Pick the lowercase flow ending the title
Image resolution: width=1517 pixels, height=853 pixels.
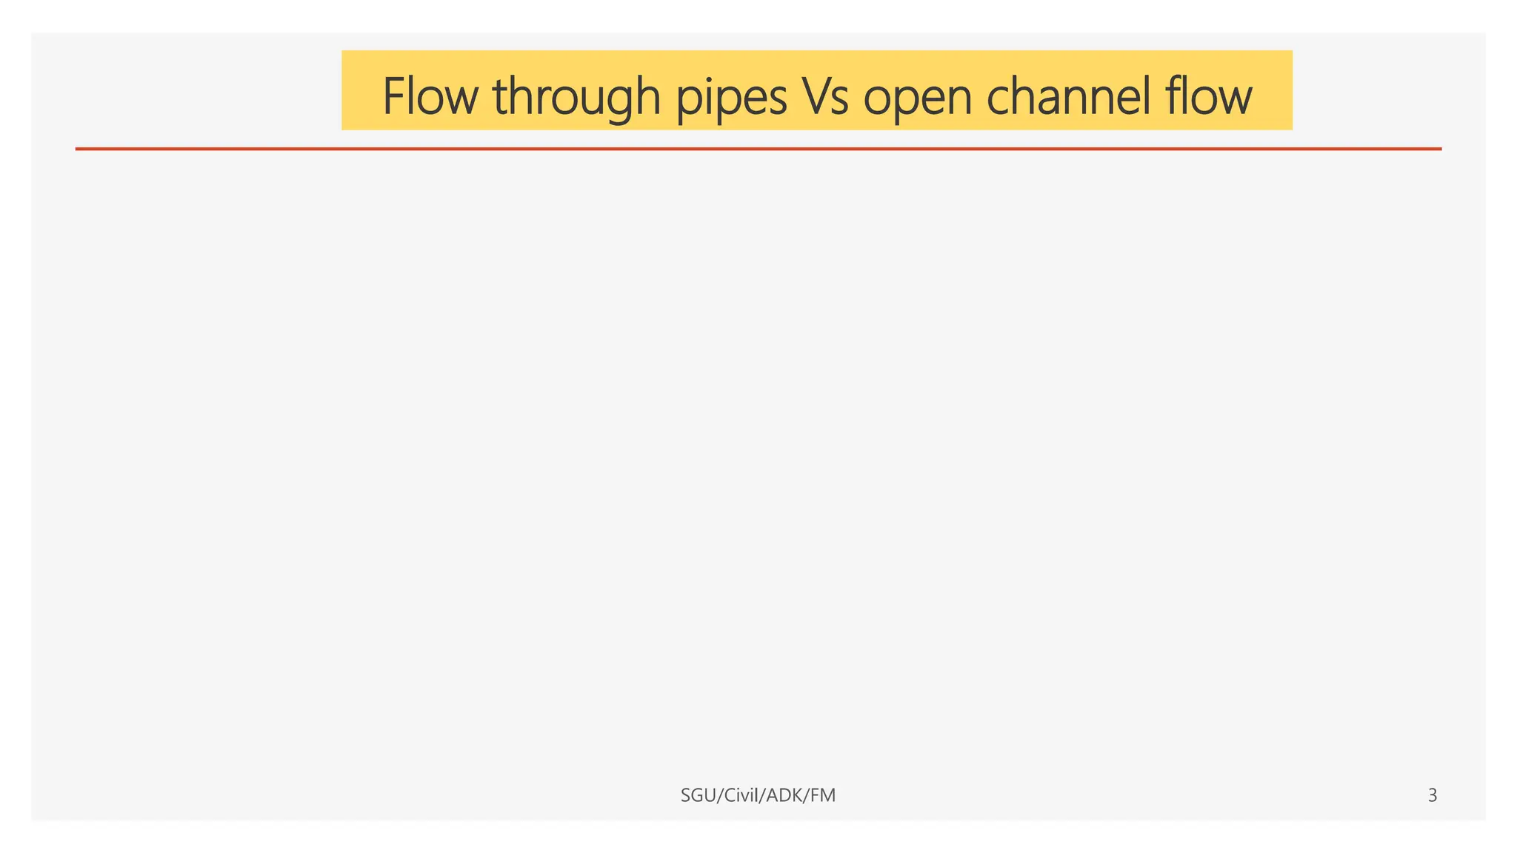coord(1208,96)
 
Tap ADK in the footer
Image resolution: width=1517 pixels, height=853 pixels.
coord(784,795)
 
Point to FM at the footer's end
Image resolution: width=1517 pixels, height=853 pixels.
coord(823,795)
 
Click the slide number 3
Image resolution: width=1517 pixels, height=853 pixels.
coord(1433,795)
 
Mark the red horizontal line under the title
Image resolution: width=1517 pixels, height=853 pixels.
coord(758,149)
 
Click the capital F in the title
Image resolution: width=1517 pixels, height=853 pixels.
coord(393,96)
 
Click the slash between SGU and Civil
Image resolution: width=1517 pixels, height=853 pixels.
coord(716,795)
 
